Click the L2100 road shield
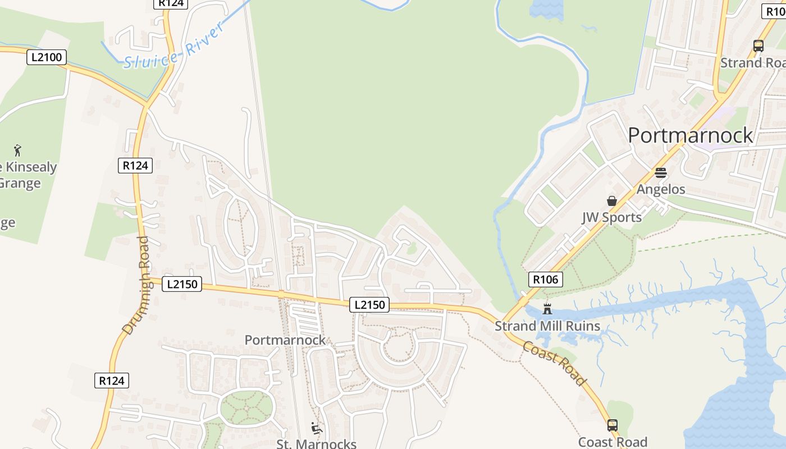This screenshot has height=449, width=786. coord(47,57)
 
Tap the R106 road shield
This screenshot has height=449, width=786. coord(545,279)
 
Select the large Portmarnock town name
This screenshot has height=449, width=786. coord(690,135)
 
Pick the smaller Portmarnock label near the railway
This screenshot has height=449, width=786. coord(285,340)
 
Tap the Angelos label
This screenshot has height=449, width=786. coord(660,189)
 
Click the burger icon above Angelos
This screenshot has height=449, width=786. coord(660,173)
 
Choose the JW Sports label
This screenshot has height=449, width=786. coord(611,217)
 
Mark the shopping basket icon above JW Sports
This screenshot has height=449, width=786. coord(611,201)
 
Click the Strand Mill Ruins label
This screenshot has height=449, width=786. coord(547,326)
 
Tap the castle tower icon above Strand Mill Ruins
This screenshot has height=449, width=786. coord(547,309)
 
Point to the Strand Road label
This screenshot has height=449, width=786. coord(752,62)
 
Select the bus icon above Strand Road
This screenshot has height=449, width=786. coord(758,46)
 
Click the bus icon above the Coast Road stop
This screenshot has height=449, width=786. coord(612,425)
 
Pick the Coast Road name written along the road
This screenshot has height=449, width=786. coord(555,363)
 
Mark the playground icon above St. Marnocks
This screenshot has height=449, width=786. coord(316,428)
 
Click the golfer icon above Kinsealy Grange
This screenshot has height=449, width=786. coord(17,150)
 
